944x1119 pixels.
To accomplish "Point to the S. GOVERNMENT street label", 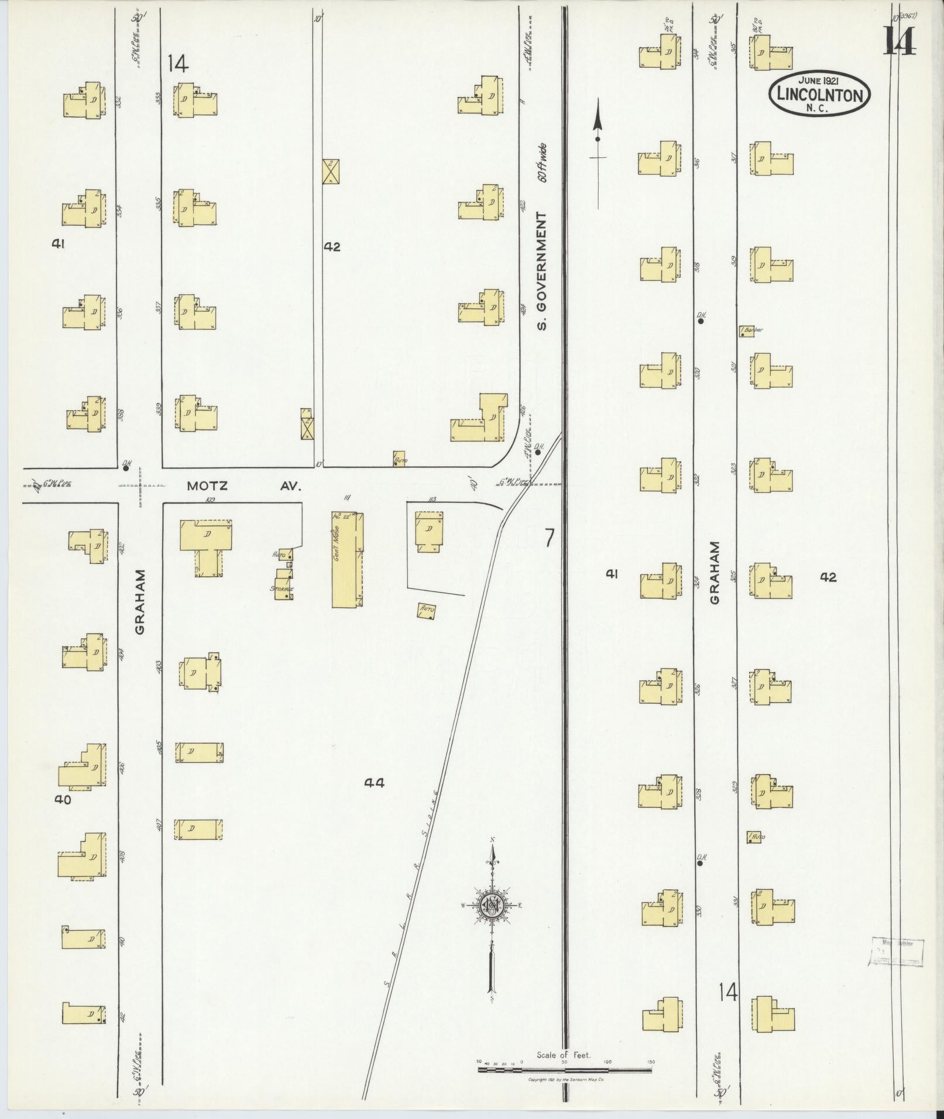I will pyautogui.click(x=543, y=270).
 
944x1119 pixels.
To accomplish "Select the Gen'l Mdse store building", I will pyautogui.click(x=348, y=560).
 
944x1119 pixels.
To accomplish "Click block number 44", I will pyautogui.click(x=374, y=783).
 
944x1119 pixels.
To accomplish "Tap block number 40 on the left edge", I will pyautogui.click(x=62, y=800).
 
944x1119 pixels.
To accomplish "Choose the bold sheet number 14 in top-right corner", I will pyautogui.click(x=899, y=41).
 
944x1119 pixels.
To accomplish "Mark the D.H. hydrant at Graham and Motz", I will pyautogui.click(x=125, y=466).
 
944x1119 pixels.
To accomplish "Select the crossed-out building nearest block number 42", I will pyautogui.click(x=332, y=171).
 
